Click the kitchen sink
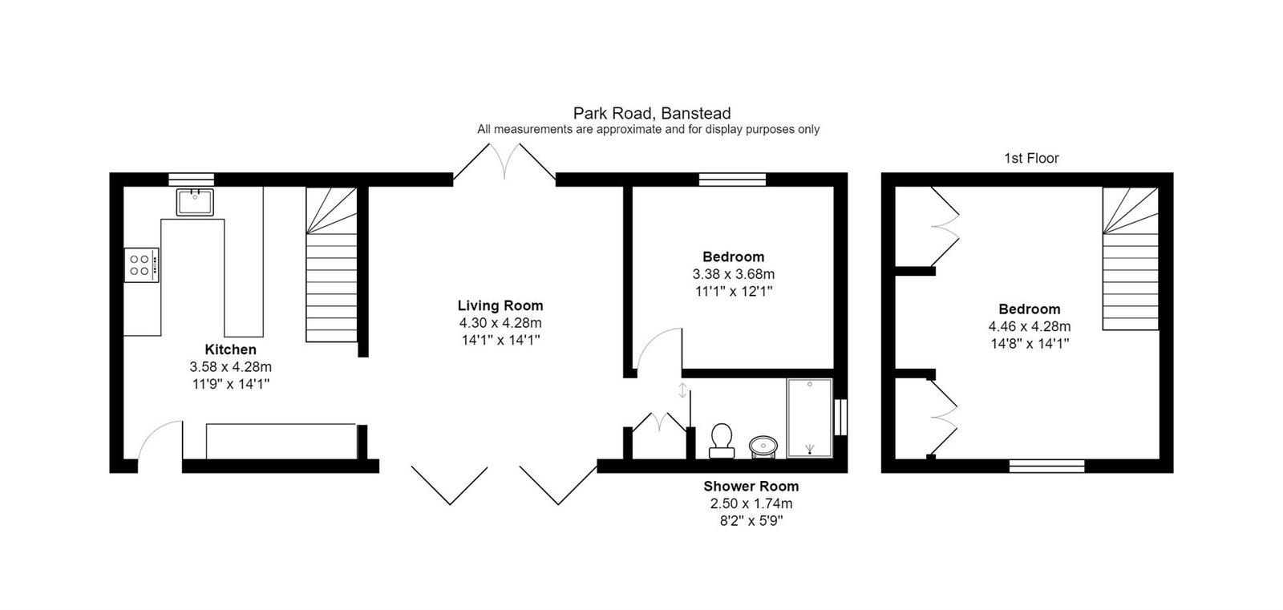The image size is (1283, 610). pyautogui.click(x=195, y=202)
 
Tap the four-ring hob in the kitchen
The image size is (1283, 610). pyautogui.click(x=141, y=265)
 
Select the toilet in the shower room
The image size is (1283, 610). pyautogui.click(x=722, y=441)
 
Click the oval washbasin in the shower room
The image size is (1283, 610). pyautogui.click(x=763, y=446)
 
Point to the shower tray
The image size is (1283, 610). pyautogui.click(x=809, y=418)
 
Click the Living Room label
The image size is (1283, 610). pyautogui.click(x=500, y=306)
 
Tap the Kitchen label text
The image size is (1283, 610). pyautogui.click(x=230, y=349)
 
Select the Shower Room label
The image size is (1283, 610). pyautogui.click(x=751, y=487)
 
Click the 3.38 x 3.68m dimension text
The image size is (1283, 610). pyautogui.click(x=733, y=274)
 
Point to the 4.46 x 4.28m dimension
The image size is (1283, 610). pyautogui.click(x=1030, y=326)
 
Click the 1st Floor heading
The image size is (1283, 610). pyautogui.click(x=1031, y=158)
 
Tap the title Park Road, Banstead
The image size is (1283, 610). pyautogui.click(x=652, y=113)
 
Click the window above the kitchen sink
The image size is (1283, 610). pyautogui.click(x=192, y=180)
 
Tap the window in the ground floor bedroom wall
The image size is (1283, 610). pyautogui.click(x=732, y=180)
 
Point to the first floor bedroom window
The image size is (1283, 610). pyautogui.click(x=1046, y=467)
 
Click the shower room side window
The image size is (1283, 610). pyautogui.click(x=840, y=417)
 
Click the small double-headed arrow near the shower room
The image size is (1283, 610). pyautogui.click(x=682, y=390)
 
